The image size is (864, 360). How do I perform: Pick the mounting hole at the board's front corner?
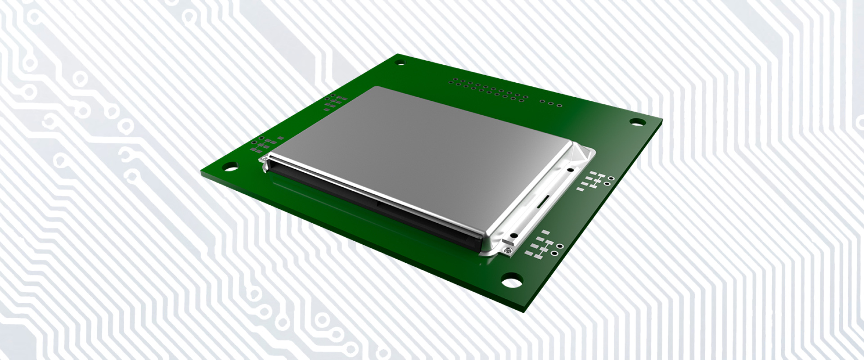coord(511,281)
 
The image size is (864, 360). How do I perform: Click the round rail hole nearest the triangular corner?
coord(570,170)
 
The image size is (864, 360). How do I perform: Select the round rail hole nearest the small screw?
coord(512,234)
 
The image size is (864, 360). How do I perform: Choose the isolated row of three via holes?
coord(550,103)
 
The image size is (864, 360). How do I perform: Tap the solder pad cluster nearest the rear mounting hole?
coord(333,102)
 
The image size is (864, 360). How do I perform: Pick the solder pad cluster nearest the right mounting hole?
coord(595,180)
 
